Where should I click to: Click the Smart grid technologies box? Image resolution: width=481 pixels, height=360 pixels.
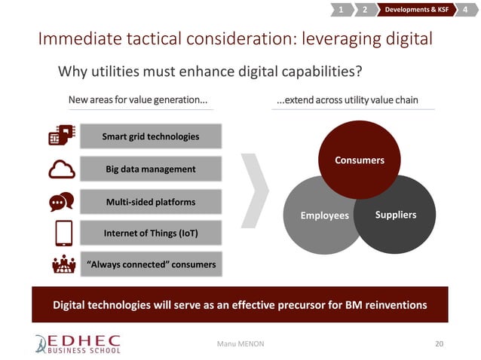pyautogui.click(x=151, y=136)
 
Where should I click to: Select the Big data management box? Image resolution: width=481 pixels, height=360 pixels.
pyautogui.click(x=151, y=169)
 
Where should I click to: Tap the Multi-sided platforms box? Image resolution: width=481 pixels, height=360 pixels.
pyautogui.click(x=151, y=201)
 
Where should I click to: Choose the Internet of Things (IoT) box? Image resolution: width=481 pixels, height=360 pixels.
pyautogui.click(x=151, y=233)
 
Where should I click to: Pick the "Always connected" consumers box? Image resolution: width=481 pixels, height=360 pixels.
pyautogui.click(x=151, y=264)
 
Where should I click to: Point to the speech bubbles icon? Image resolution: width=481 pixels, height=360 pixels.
pyautogui.click(x=61, y=202)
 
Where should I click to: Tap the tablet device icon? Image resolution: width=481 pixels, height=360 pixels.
pyautogui.click(x=63, y=233)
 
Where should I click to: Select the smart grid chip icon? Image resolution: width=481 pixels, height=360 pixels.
pyautogui.click(x=61, y=135)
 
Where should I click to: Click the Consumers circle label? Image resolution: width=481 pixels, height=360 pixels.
pyautogui.click(x=360, y=160)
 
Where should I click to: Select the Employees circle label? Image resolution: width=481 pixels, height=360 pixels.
pyautogui.click(x=325, y=215)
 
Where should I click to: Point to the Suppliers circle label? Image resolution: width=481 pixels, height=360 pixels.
pyautogui.click(x=395, y=215)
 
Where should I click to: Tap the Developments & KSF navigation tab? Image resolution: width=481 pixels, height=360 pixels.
pyautogui.click(x=417, y=10)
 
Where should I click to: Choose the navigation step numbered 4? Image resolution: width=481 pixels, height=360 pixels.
pyautogui.click(x=469, y=10)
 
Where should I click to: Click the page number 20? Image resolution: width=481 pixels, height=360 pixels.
pyautogui.click(x=440, y=343)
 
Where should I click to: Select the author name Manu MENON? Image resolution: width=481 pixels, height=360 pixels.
pyautogui.click(x=240, y=344)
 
